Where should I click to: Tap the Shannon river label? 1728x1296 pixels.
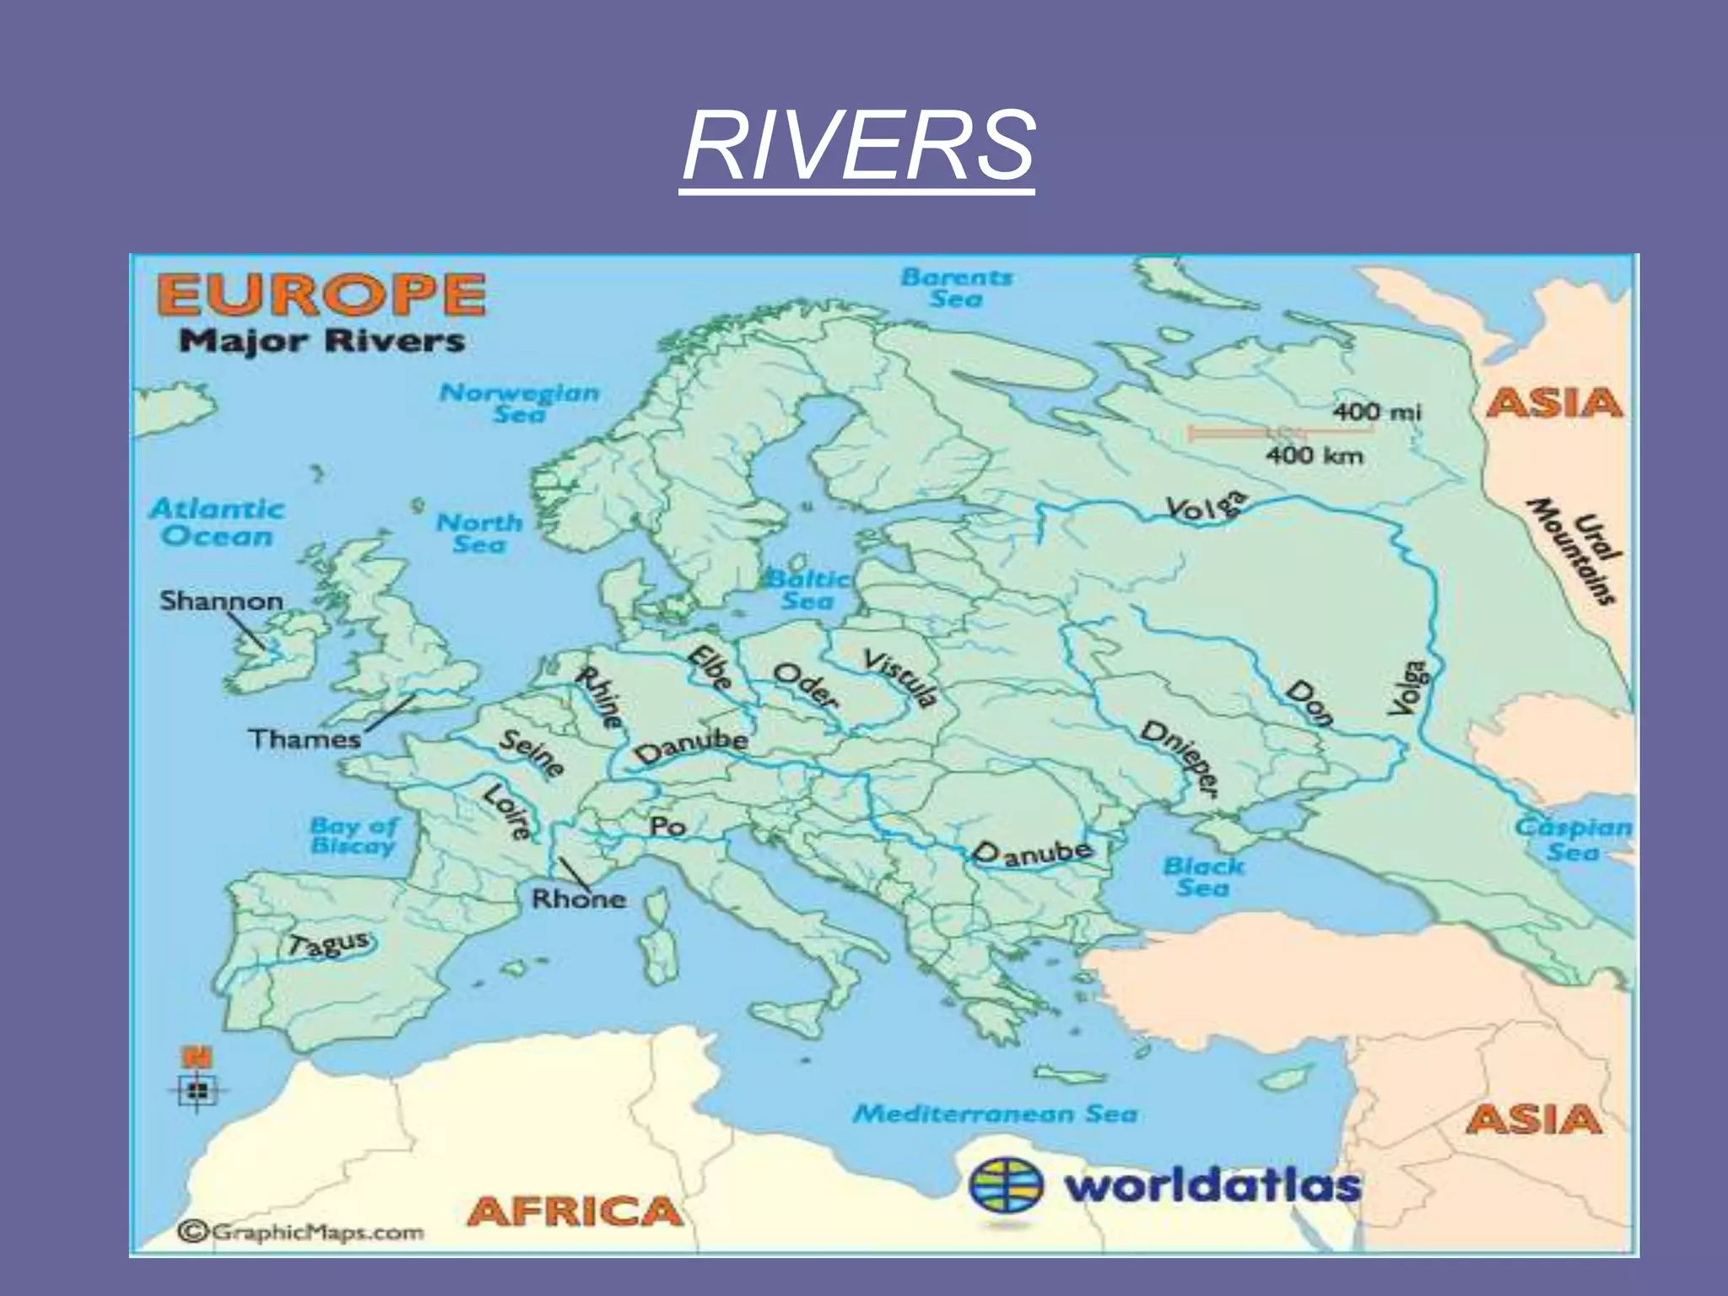[221, 601]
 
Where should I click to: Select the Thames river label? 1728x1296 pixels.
[304, 739]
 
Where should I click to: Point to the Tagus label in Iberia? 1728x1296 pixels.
[328, 943]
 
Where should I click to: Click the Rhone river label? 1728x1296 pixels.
[579, 899]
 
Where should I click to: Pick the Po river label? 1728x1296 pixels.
[667, 826]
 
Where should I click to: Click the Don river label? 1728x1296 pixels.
[1309, 704]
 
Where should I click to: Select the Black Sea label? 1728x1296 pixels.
[1203, 877]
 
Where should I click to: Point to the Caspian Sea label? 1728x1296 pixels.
[1573, 839]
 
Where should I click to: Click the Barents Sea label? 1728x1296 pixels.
[956, 288]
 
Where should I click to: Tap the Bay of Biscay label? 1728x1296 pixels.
[353, 835]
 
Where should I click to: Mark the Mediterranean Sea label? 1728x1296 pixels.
[995, 1114]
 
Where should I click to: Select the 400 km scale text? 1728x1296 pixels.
[1314, 456]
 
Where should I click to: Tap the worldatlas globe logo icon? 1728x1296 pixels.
[1007, 1185]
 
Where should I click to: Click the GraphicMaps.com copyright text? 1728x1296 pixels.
[301, 1233]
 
